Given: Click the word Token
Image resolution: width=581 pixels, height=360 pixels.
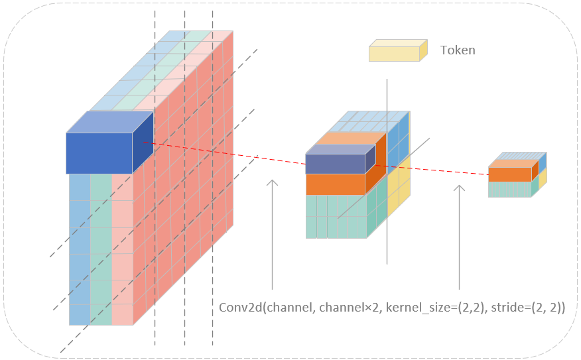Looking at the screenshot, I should click(x=458, y=50).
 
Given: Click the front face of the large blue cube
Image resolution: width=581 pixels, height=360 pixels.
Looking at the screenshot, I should click(x=99, y=153).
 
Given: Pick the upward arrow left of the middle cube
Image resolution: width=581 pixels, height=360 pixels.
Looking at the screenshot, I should click(x=272, y=232).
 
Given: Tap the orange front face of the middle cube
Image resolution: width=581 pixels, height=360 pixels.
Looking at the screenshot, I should click(x=335, y=184).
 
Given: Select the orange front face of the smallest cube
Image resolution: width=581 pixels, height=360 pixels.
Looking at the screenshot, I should click(x=509, y=174).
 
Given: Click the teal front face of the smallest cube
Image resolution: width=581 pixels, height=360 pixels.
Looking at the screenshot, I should click(x=509, y=189).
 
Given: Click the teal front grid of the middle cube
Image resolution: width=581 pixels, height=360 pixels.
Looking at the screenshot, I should click(x=335, y=216).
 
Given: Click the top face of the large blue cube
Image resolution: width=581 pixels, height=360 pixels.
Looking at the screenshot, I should click(x=109, y=122).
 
